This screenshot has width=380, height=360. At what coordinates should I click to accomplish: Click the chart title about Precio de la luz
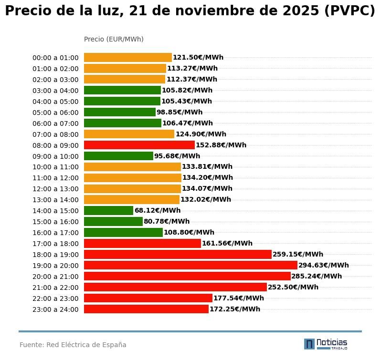[190, 11]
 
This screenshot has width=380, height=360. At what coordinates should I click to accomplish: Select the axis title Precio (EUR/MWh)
[114, 39]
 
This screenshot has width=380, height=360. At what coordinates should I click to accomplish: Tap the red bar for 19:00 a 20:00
[190, 265]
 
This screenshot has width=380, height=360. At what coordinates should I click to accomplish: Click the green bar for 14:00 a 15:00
[108, 210]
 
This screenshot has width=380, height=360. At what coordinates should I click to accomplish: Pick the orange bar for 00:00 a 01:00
[127, 57]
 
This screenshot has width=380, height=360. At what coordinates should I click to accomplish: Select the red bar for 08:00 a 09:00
[139, 145]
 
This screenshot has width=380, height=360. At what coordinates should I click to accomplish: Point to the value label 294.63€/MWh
[323, 265]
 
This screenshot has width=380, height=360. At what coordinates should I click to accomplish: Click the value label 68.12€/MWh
[158, 210]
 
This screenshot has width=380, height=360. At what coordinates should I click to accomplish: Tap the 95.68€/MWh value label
[177, 156]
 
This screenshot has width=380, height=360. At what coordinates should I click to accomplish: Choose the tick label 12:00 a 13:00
[55, 189]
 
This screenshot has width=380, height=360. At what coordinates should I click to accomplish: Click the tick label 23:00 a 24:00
[55, 309]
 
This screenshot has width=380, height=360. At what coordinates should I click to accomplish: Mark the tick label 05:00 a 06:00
[55, 113]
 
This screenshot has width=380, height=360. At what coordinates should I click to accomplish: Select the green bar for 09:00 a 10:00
[118, 156]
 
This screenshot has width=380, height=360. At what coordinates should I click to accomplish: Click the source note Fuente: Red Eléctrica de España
[73, 345]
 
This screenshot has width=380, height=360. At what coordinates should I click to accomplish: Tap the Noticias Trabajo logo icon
[309, 344]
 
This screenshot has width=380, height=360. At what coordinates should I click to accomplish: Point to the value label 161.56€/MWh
[227, 243]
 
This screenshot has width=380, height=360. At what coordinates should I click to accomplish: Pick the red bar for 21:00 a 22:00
[175, 287]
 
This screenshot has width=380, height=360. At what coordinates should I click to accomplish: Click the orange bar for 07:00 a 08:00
[129, 134]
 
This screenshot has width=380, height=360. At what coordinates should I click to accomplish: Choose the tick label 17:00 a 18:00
[55, 244]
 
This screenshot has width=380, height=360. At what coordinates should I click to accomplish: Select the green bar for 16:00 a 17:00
[123, 232]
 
